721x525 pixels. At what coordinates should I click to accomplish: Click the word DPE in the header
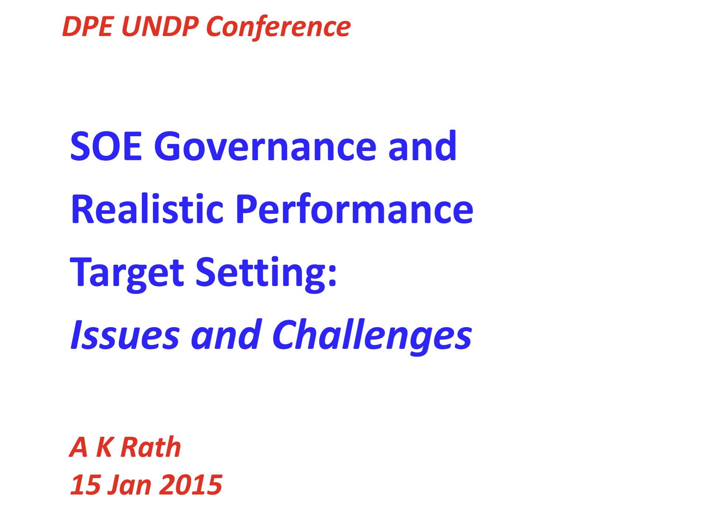[88, 27]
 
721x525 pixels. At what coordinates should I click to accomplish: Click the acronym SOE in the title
[106, 147]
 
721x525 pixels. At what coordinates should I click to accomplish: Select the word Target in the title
[127, 274]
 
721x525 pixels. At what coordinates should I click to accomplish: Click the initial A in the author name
[79, 447]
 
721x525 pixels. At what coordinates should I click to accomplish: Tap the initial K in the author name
[105, 447]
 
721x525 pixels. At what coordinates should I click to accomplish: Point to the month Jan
[129, 484]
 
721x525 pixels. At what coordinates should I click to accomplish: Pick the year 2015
[191, 484]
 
